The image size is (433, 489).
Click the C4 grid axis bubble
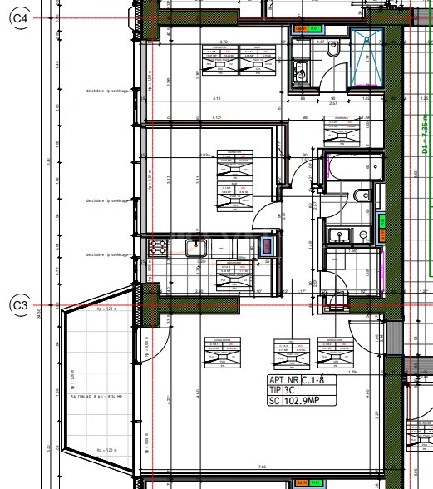pos(18,19)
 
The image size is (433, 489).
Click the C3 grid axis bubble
pos(18,306)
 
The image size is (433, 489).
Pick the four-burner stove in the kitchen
pos(157,246)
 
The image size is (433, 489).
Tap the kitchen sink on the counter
pos(197,245)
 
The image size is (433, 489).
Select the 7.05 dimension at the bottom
pos(262,467)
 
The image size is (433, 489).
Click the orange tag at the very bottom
pos(304,482)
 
